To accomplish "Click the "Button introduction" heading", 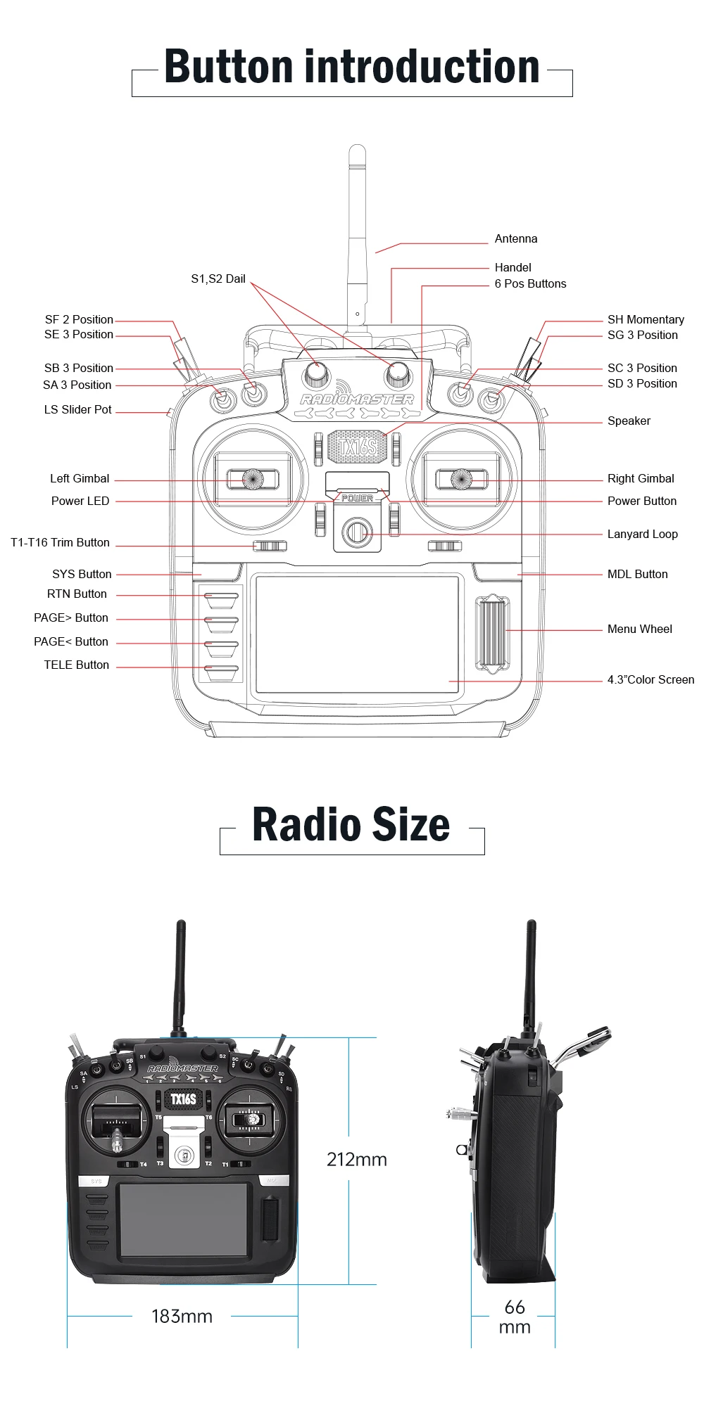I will point(351,68).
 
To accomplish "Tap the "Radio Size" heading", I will point(351,824).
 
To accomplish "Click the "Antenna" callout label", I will point(515,239).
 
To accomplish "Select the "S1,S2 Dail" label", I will point(218,279).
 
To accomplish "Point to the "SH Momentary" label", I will point(646,320).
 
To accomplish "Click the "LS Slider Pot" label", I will point(77,410).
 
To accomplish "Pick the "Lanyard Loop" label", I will point(642,535).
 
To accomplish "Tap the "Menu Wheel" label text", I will point(639,629).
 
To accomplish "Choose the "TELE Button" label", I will point(76,665).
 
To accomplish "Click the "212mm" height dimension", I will point(357,1160).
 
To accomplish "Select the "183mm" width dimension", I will point(182,1317).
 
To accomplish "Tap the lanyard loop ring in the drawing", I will point(358,532).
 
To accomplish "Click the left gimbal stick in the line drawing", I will point(252,479).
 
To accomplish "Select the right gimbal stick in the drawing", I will point(461,479).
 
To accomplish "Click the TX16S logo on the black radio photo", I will point(183,1099).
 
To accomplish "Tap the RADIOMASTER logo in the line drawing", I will point(357,399).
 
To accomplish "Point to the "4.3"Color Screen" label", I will point(650,680).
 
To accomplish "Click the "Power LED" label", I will point(80,501).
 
